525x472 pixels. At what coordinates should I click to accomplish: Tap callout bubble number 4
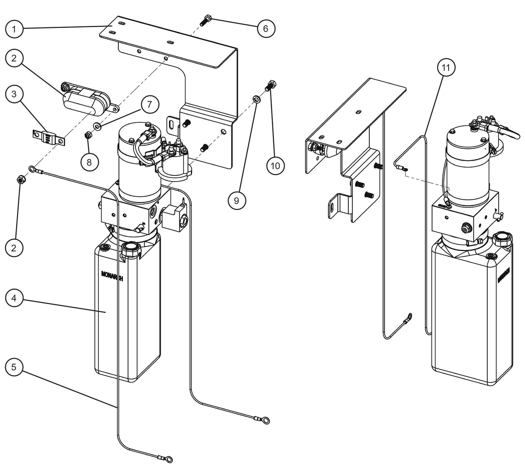14,299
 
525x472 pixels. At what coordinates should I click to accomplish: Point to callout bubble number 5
14,367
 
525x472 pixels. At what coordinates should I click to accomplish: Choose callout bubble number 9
237,201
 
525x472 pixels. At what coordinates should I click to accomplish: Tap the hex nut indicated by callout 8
88,135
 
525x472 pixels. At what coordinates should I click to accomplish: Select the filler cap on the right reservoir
502,240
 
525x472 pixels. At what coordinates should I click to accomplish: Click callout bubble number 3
14,94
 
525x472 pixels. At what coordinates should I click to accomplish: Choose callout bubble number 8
89,162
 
